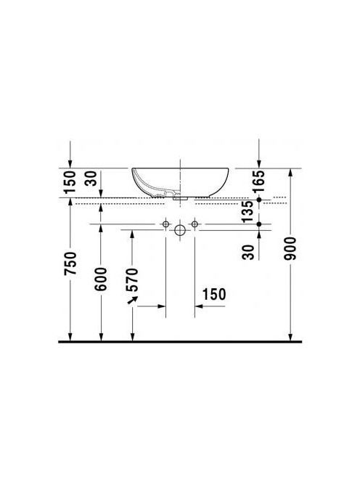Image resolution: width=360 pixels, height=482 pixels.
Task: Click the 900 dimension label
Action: (x=290, y=248)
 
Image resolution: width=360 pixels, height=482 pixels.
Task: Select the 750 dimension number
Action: (x=70, y=264)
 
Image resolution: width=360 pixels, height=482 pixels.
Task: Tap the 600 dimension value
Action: (x=101, y=279)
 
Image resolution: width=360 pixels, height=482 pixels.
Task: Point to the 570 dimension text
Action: (x=132, y=280)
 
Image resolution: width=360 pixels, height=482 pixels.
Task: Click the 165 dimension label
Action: (x=259, y=181)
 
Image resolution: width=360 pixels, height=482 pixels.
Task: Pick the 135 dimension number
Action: (x=247, y=212)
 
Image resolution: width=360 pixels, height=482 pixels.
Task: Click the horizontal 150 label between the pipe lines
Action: (x=214, y=294)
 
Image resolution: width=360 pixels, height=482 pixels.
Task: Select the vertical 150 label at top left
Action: (x=70, y=181)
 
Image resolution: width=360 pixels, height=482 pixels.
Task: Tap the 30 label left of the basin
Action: (x=91, y=179)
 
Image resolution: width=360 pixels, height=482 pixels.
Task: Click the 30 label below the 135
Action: (x=248, y=253)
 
